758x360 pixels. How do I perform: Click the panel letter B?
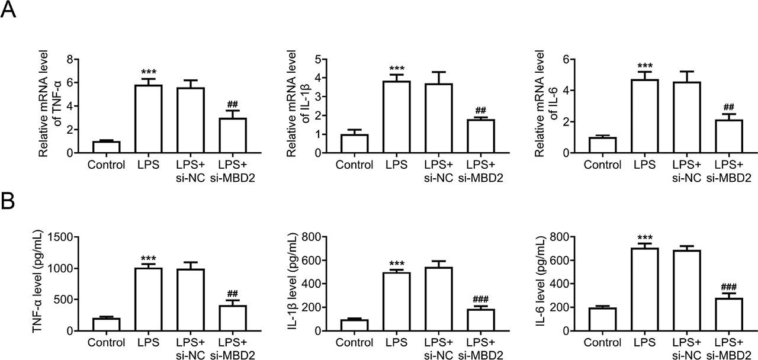click(x=8, y=202)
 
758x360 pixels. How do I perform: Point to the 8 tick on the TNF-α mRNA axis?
click(x=70, y=59)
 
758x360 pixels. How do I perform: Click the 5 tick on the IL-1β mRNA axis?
click(x=317, y=59)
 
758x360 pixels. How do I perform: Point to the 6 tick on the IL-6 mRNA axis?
click(x=566, y=59)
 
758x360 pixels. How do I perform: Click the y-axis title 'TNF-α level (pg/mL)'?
click(x=37, y=284)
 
